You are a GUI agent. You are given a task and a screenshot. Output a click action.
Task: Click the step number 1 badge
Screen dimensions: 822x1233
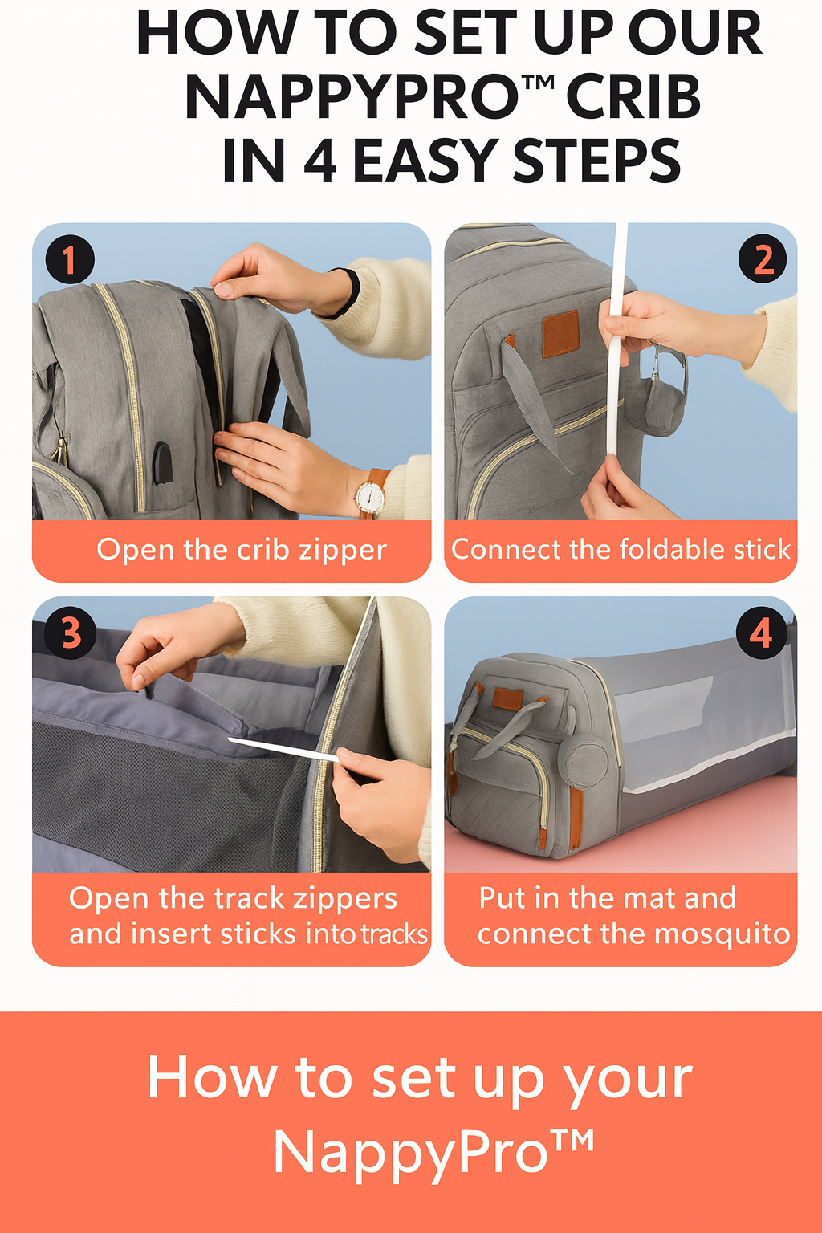coord(70,259)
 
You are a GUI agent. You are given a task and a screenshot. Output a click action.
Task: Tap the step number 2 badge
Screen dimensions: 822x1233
coord(763,258)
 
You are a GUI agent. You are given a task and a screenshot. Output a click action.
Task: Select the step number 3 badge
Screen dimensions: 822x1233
coord(71,633)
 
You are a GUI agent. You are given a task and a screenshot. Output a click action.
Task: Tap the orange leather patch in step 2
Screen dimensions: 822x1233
coord(560,333)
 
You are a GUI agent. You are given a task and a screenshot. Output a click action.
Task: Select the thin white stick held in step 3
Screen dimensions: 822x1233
coord(283,750)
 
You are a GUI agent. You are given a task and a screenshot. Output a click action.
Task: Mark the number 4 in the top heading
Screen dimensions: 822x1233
coord(319,161)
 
